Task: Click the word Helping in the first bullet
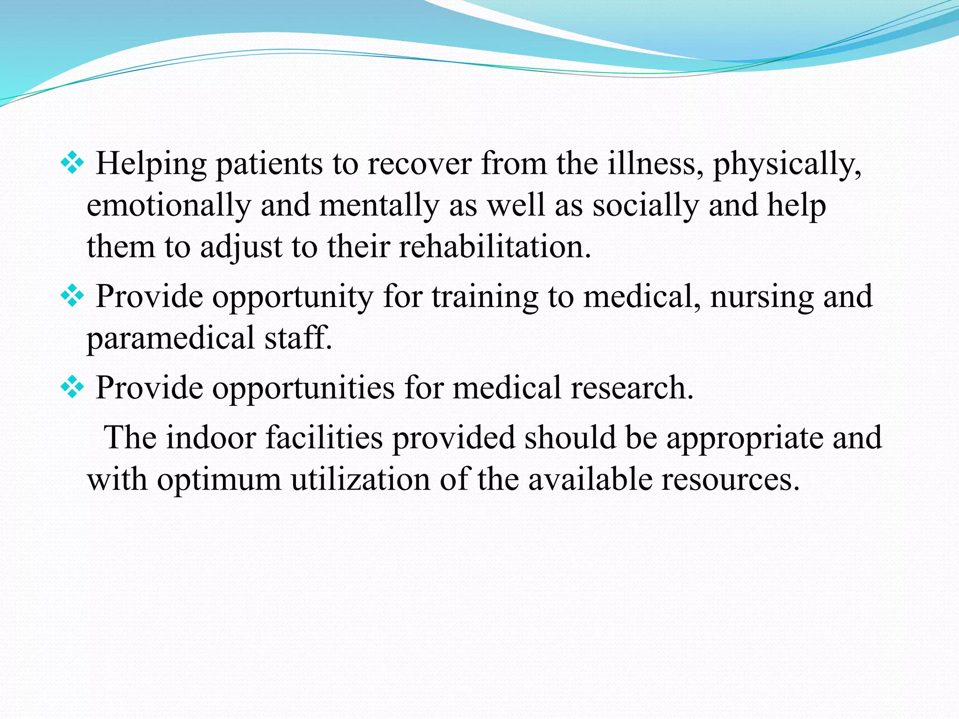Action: tap(151, 164)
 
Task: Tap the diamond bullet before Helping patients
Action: tap(72, 163)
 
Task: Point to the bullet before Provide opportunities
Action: tap(72, 387)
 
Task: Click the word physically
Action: tap(787, 164)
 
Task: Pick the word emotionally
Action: tap(169, 206)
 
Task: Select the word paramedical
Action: tap(170, 338)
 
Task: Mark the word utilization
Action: tap(360, 479)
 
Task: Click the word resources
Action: tap(730, 479)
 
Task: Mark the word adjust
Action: tap(242, 248)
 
